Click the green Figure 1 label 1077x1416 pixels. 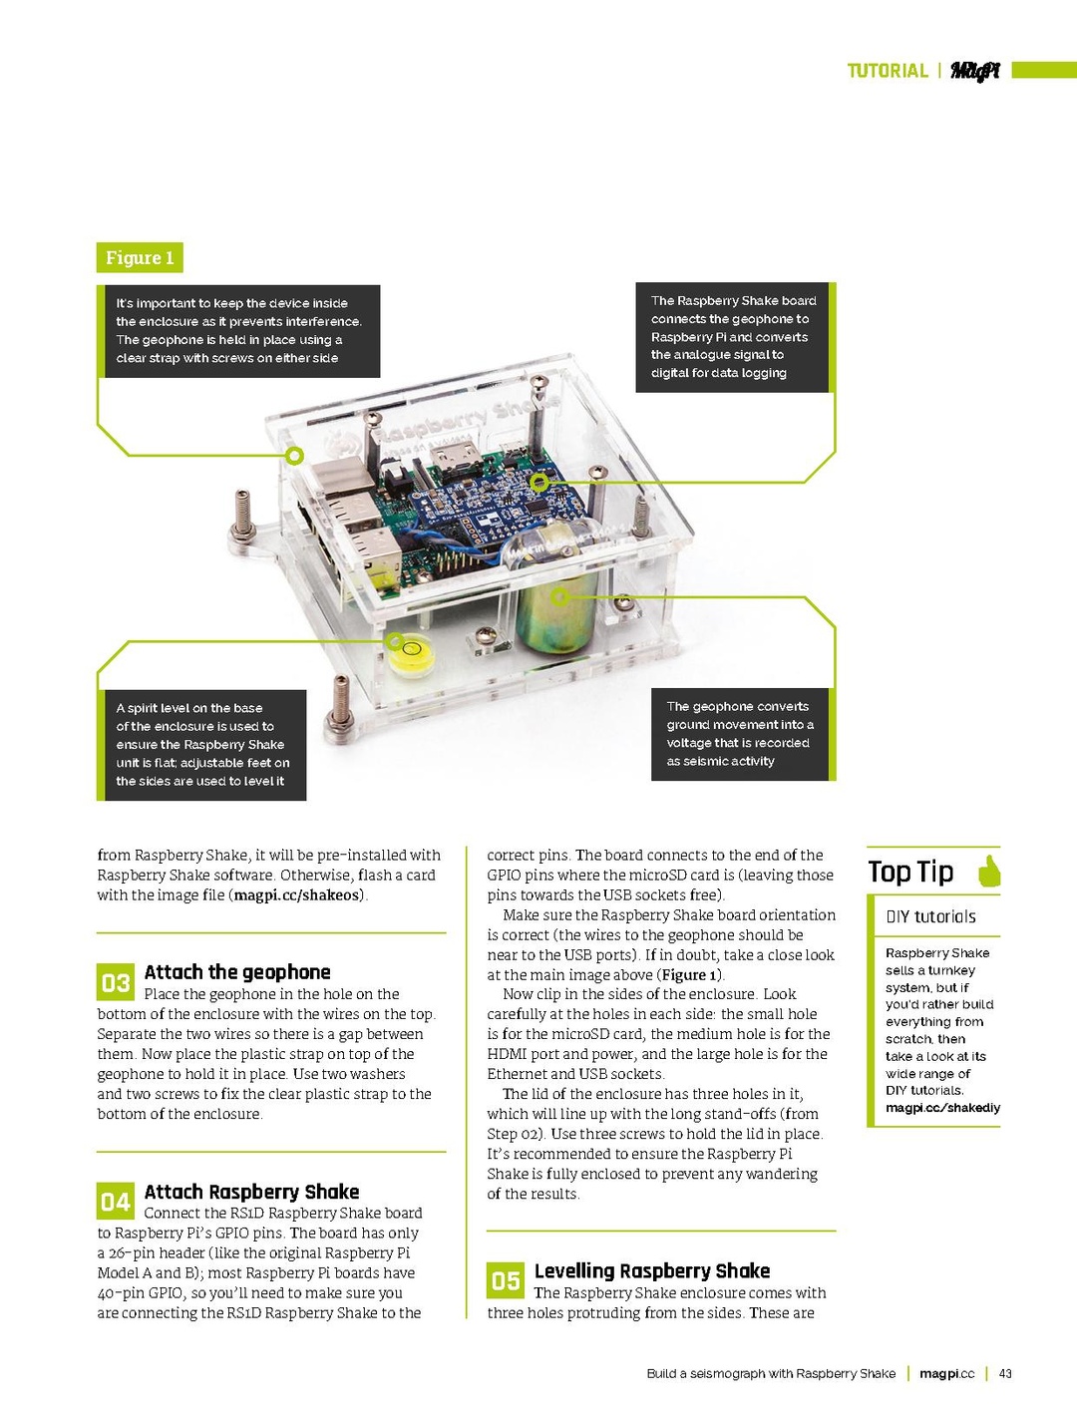140,257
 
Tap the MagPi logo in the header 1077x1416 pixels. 974,70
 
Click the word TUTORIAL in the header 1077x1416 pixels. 887,71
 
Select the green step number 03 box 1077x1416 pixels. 116,982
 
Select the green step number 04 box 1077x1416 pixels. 116,1202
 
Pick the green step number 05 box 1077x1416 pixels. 506,1280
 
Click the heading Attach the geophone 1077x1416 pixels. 237,972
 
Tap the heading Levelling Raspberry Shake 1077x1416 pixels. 651,1270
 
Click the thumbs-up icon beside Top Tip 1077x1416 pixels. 988,872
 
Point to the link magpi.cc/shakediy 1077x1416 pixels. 942,1108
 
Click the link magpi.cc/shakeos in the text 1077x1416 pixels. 296,895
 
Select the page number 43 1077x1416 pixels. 1005,1373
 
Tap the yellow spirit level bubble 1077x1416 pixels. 410,655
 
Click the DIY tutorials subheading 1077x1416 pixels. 930,916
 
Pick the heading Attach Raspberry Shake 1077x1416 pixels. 251,1192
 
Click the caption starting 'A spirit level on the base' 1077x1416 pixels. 202,744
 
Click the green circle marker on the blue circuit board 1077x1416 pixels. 539,483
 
